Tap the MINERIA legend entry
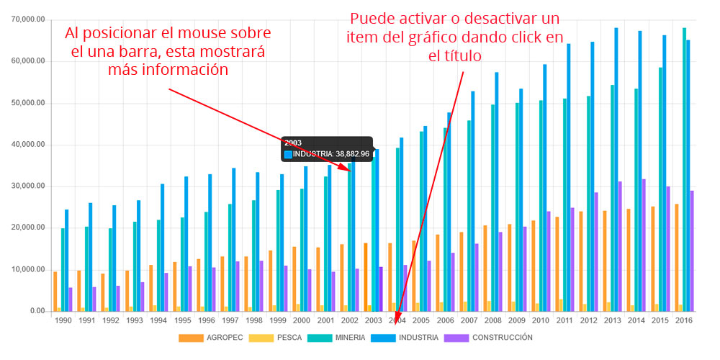click(x=343, y=337)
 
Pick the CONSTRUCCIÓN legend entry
click(x=493, y=337)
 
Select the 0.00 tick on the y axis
click(x=37, y=311)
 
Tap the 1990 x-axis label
click(x=63, y=320)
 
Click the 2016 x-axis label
click(x=685, y=320)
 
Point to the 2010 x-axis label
click(x=541, y=320)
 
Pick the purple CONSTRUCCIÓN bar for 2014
click(x=644, y=245)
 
